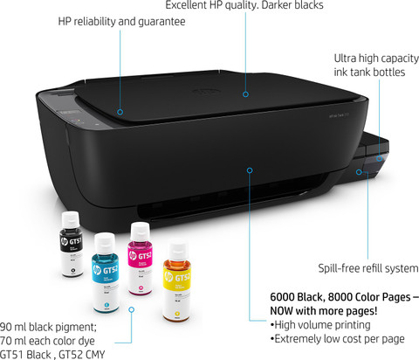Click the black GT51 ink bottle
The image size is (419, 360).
click(x=72, y=244)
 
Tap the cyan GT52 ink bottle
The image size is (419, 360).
click(x=105, y=273)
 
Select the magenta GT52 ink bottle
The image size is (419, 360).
click(x=140, y=259)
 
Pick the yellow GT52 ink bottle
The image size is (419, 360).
click(x=177, y=282)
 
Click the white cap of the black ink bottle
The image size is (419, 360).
click(x=71, y=220)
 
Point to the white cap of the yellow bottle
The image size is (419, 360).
click(x=176, y=252)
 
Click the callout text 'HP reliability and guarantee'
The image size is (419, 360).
click(x=121, y=22)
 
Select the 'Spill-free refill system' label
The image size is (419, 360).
click(x=368, y=268)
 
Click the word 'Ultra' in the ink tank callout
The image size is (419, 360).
click(x=345, y=59)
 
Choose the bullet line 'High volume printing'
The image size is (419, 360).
click(x=320, y=325)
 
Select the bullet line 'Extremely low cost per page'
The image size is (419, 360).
click(x=338, y=339)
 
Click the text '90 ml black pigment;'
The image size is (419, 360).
click(x=48, y=327)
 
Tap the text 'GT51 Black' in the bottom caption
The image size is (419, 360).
click(x=25, y=355)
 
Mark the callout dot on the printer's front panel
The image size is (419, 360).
click(x=250, y=170)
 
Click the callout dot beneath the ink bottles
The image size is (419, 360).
click(x=132, y=309)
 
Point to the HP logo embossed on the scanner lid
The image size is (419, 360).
click(x=205, y=92)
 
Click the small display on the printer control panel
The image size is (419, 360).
click(x=69, y=113)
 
